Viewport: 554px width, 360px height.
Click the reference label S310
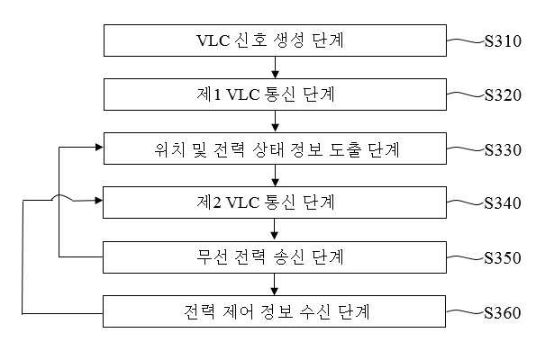click(x=503, y=40)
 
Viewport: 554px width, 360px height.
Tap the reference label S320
click(x=503, y=94)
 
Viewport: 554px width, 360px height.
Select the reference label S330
click(x=503, y=149)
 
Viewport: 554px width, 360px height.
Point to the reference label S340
click(x=503, y=202)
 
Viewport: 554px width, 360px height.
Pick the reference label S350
click(x=503, y=258)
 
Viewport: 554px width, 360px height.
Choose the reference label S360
click(x=503, y=312)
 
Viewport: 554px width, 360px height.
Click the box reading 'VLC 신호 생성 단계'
click(x=275, y=40)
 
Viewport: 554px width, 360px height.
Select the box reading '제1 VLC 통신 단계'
click(x=275, y=94)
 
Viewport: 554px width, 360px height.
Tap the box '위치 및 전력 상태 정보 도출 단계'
click(x=275, y=148)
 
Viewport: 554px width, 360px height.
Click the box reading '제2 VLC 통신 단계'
click(x=275, y=202)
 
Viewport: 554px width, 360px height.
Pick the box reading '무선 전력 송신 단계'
click(x=275, y=257)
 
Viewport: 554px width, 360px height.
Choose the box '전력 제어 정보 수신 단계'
click(x=274, y=311)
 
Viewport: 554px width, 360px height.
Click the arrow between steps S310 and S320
click(x=275, y=67)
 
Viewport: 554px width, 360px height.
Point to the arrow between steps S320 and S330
click(x=275, y=121)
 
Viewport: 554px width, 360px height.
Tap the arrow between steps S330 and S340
click(x=275, y=175)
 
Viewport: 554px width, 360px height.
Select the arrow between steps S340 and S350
click(x=275, y=229)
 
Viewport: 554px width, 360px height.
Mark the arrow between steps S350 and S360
click(x=275, y=284)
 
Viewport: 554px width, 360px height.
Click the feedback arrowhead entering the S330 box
click(x=99, y=148)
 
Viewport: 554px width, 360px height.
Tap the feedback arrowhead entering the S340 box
click(x=99, y=201)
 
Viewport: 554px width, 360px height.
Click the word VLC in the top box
click(x=213, y=40)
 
